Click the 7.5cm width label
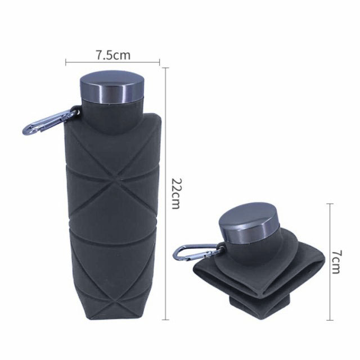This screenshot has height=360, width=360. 113,55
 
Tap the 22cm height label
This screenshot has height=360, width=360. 177,193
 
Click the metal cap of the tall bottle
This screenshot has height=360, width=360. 112,88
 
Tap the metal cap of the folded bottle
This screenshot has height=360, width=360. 249,223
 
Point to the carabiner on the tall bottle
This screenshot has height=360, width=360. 50,121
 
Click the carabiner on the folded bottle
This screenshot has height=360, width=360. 197,253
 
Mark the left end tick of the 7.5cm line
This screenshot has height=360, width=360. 66,62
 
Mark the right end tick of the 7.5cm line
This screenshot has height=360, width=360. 159,62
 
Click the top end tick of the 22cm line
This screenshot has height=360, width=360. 165,68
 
